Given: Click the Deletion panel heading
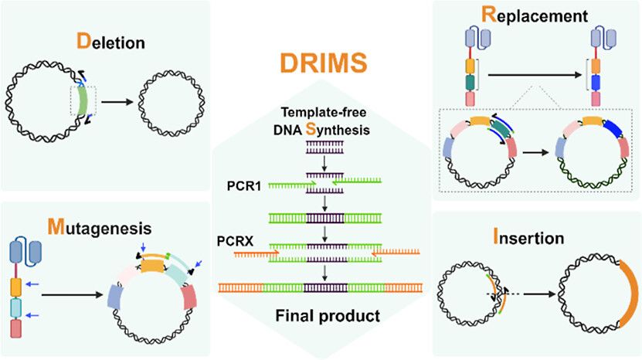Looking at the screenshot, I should (x=109, y=39).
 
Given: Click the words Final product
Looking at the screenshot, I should (x=321, y=316).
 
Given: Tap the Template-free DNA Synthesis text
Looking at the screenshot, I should (x=321, y=120).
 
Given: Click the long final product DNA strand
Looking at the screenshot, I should (x=321, y=287).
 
